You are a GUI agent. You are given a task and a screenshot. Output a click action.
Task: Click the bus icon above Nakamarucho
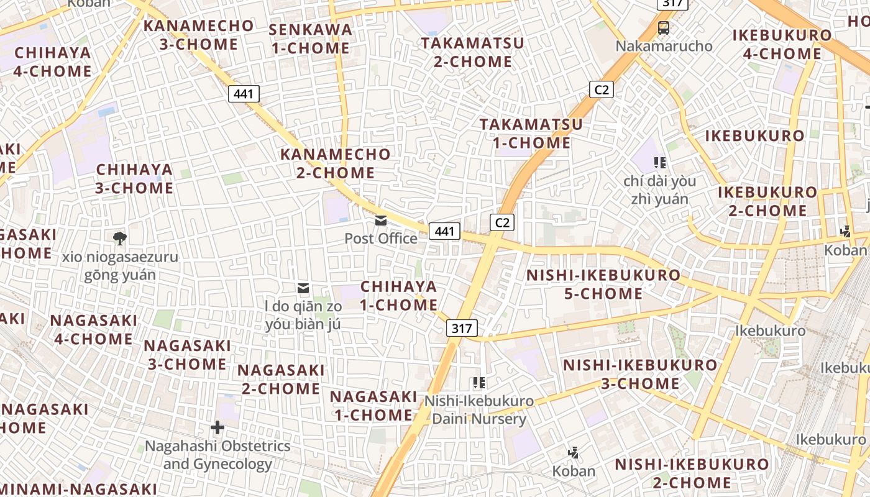click(664, 28)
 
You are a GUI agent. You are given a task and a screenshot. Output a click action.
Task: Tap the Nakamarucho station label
click(664, 46)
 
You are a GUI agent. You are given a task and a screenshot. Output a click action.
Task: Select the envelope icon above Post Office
click(381, 221)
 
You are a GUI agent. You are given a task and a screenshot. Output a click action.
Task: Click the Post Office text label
click(381, 239)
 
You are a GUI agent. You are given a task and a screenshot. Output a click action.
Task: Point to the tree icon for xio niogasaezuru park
click(120, 238)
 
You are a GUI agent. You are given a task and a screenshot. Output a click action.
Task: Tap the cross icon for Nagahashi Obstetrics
click(217, 427)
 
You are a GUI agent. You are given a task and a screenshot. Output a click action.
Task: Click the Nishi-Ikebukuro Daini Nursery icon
click(478, 383)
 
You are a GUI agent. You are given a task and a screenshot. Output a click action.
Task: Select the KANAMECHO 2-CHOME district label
click(336, 163)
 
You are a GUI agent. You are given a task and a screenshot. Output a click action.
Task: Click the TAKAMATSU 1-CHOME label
click(531, 134)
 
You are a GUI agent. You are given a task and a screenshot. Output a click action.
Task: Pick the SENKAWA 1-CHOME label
click(311, 39)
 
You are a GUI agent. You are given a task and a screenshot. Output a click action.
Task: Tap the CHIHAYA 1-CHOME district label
click(399, 296)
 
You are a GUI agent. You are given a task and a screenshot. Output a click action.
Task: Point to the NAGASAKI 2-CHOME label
click(281, 379)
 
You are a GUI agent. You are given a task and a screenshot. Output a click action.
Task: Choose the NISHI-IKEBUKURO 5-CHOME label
click(603, 284)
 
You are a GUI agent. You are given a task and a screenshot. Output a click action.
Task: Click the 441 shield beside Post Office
click(444, 231)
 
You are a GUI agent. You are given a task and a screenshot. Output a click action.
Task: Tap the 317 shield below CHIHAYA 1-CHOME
click(462, 328)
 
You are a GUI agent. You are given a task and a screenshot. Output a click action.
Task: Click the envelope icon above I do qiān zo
click(303, 288)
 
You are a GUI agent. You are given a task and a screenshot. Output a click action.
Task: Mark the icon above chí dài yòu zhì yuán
click(660, 163)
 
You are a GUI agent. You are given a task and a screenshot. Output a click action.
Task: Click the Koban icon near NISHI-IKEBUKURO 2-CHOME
click(574, 453)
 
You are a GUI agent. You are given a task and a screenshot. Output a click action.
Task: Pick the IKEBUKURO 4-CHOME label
click(782, 44)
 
